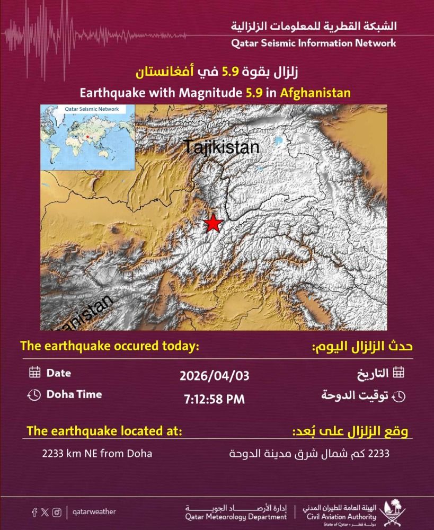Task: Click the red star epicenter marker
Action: [213, 224]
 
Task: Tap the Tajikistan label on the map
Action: [222, 147]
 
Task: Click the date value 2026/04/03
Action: [214, 376]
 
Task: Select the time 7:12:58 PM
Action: [214, 399]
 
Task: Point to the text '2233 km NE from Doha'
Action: [98, 454]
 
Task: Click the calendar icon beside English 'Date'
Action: [34, 373]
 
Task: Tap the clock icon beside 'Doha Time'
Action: [34, 395]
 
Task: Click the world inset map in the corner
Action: [87, 137]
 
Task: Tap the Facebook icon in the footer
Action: [34, 512]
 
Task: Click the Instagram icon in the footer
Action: [57, 512]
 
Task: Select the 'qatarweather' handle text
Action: [95, 512]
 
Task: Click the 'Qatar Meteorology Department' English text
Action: [233, 516]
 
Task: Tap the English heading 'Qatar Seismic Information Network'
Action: [313, 43]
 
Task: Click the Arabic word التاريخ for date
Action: [374, 373]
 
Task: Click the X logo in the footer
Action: [45, 512]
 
